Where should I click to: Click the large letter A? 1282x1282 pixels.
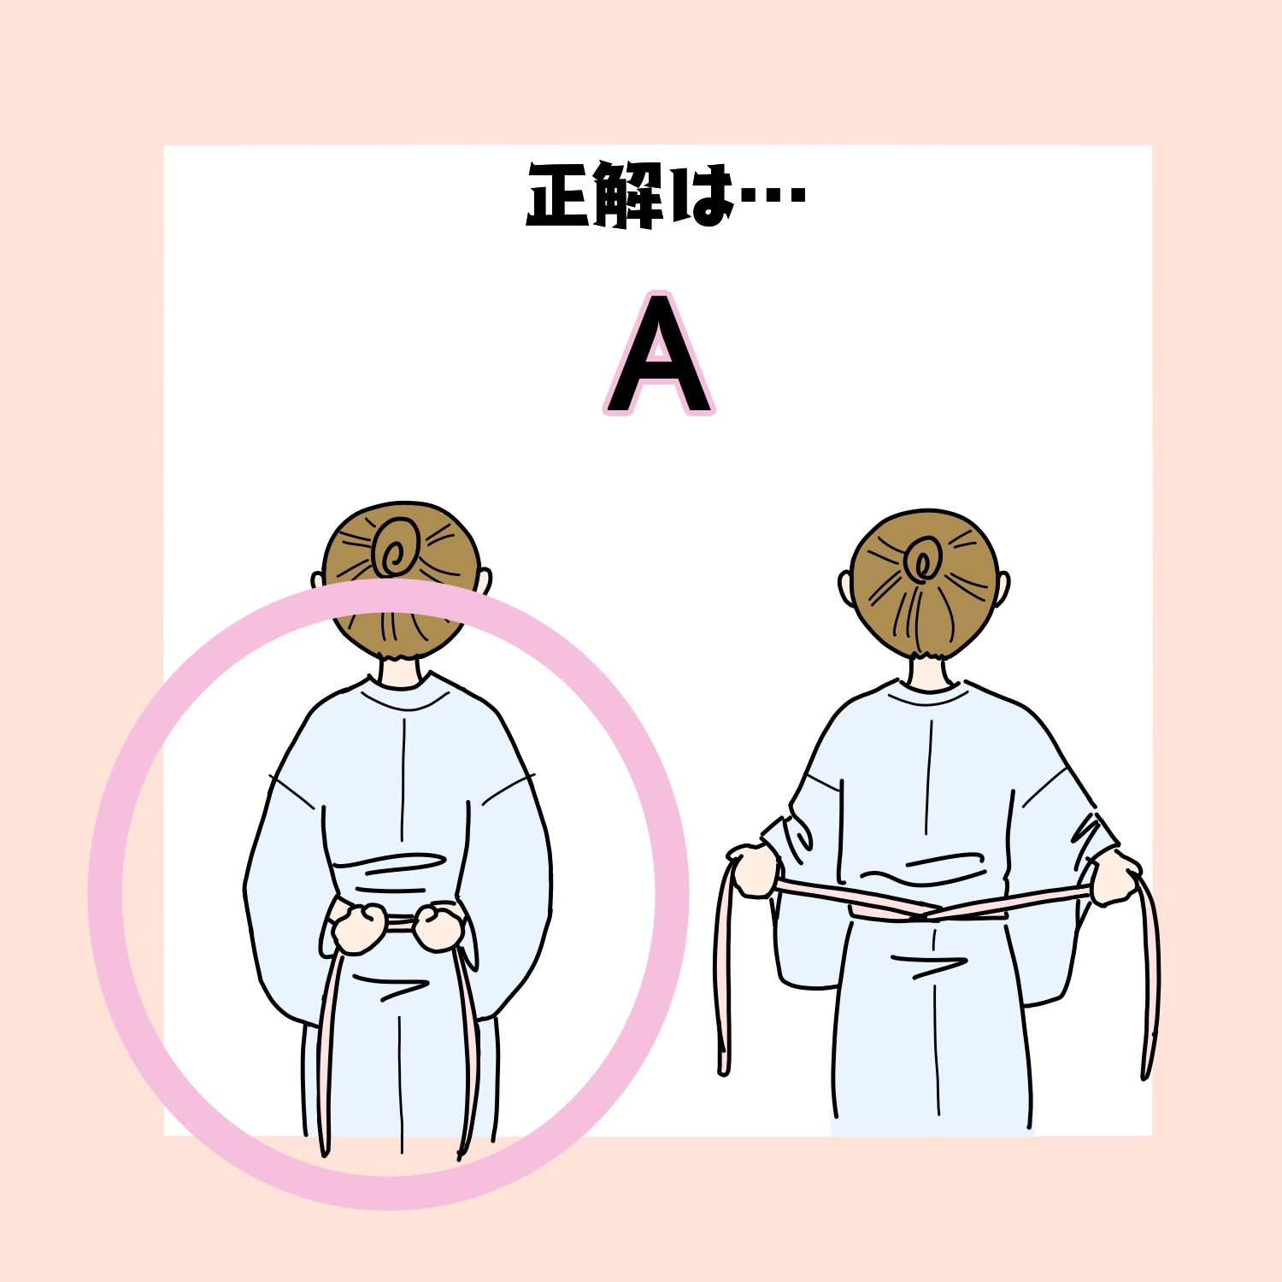658,355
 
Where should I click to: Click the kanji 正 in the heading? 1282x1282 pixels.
559,196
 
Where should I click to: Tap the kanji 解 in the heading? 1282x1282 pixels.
629,196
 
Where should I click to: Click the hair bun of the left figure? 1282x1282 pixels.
397,548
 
